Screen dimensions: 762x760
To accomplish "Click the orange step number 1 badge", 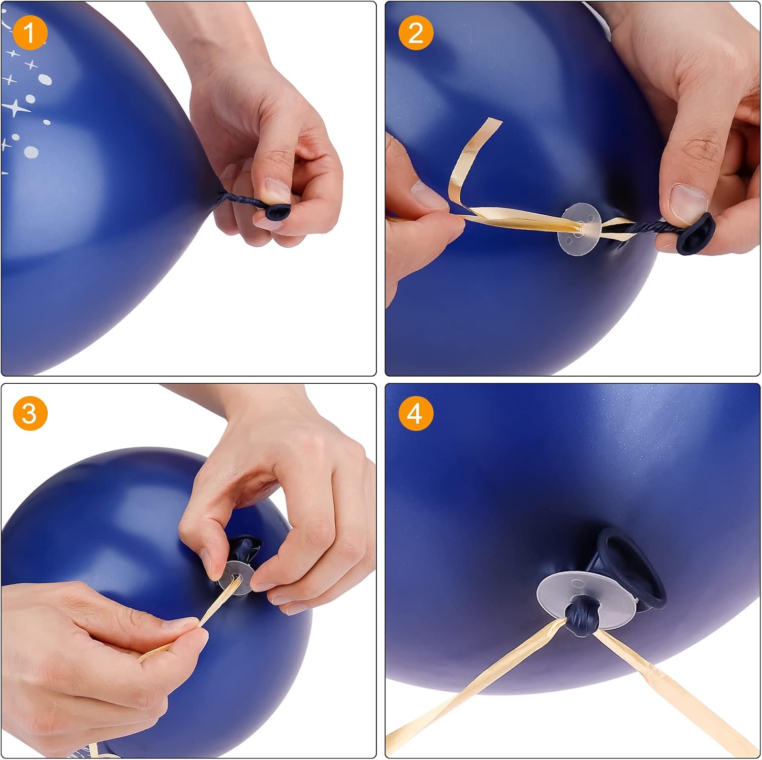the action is coord(30,33).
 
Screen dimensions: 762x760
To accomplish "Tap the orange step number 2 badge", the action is coord(416,33).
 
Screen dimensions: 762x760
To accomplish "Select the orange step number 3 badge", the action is coord(30,413).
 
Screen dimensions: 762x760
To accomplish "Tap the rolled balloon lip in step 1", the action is coord(278,210).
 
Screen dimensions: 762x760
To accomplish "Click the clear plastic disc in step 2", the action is coord(580,227).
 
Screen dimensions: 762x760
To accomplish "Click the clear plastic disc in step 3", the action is coord(237,575).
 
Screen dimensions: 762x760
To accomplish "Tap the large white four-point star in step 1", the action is coord(17,108).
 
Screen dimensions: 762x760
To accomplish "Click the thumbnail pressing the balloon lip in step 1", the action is coord(277,190).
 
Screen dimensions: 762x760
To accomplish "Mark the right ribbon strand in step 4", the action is coord(676,690).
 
